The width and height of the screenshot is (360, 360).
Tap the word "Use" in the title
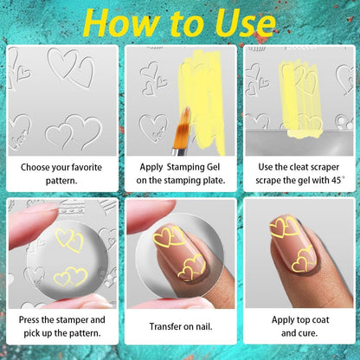(x=245, y=23)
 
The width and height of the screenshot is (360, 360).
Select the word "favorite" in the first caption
(x=87, y=167)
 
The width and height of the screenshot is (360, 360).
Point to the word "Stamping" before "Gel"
(x=185, y=168)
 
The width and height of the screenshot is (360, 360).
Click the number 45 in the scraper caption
(x=336, y=181)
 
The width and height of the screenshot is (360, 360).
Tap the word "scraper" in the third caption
(x=323, y=168)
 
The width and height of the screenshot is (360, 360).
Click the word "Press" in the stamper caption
(x=29, y=319)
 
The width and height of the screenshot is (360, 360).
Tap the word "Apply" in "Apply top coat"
(x=282, y=320)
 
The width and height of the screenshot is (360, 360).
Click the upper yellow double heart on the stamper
(x=69, y=240)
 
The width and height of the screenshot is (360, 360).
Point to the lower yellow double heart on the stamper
(x=71, y=277)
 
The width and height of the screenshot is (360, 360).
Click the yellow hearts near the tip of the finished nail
(x=284, y=227)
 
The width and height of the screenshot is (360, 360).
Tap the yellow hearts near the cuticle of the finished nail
(x=303, y=259)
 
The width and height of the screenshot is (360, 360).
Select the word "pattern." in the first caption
(x=61, y=181)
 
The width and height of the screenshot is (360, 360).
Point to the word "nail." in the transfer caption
(x=204, y=326)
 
